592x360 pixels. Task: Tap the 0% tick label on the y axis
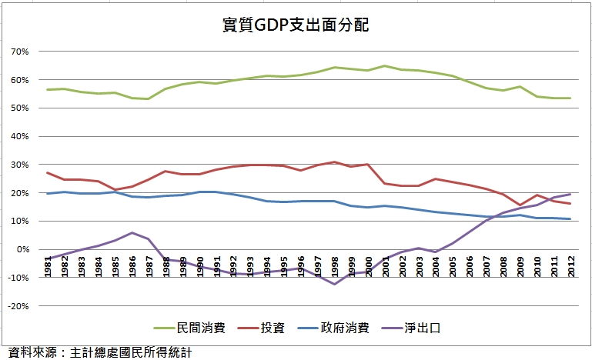[x=22, y=249]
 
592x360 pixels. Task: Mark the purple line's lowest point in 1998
[x=336, y=285]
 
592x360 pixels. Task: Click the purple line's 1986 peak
[x=132, y=232]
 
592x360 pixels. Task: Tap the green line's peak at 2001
[x=386, y=66]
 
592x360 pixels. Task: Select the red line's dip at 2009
[x=521, y=205]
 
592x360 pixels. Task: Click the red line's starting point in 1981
[x=48, y=173]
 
